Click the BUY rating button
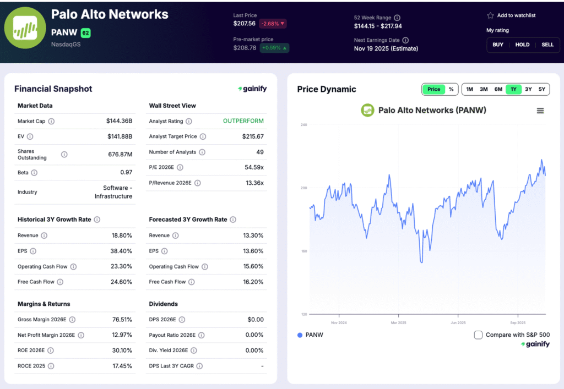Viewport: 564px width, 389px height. tap(498, 45)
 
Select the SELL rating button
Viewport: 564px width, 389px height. tap(547, 45)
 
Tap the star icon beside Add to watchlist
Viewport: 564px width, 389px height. tap(490, 15)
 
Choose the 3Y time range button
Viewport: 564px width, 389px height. tap(528, 89)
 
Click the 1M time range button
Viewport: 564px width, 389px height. tap(469, 89)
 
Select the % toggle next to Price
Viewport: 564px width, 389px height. tap(451, 89)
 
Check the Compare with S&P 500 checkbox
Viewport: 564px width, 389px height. tap(478, 335)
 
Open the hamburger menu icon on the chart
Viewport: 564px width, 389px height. tap(540, 111)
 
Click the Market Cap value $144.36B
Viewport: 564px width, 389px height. tap(119, 121)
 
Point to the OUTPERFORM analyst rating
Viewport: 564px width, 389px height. tap(243, 121)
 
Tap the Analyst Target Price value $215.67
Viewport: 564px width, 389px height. tap(253, 136)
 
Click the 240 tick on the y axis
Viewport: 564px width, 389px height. tap(303, 125)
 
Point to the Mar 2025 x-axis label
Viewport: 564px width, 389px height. tap(398, 322)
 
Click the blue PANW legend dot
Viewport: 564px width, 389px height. tap(300, 335)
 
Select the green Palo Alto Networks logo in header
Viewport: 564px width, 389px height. tap(21, 28)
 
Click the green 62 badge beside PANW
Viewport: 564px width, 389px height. tap(85, 33)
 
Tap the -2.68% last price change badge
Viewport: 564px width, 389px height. tap(273, 24)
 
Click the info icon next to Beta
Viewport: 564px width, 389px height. tap(34, 173)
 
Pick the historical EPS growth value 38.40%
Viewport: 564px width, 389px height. tap(121, 251)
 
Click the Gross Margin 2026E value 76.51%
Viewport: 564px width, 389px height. tap(121, 320)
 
